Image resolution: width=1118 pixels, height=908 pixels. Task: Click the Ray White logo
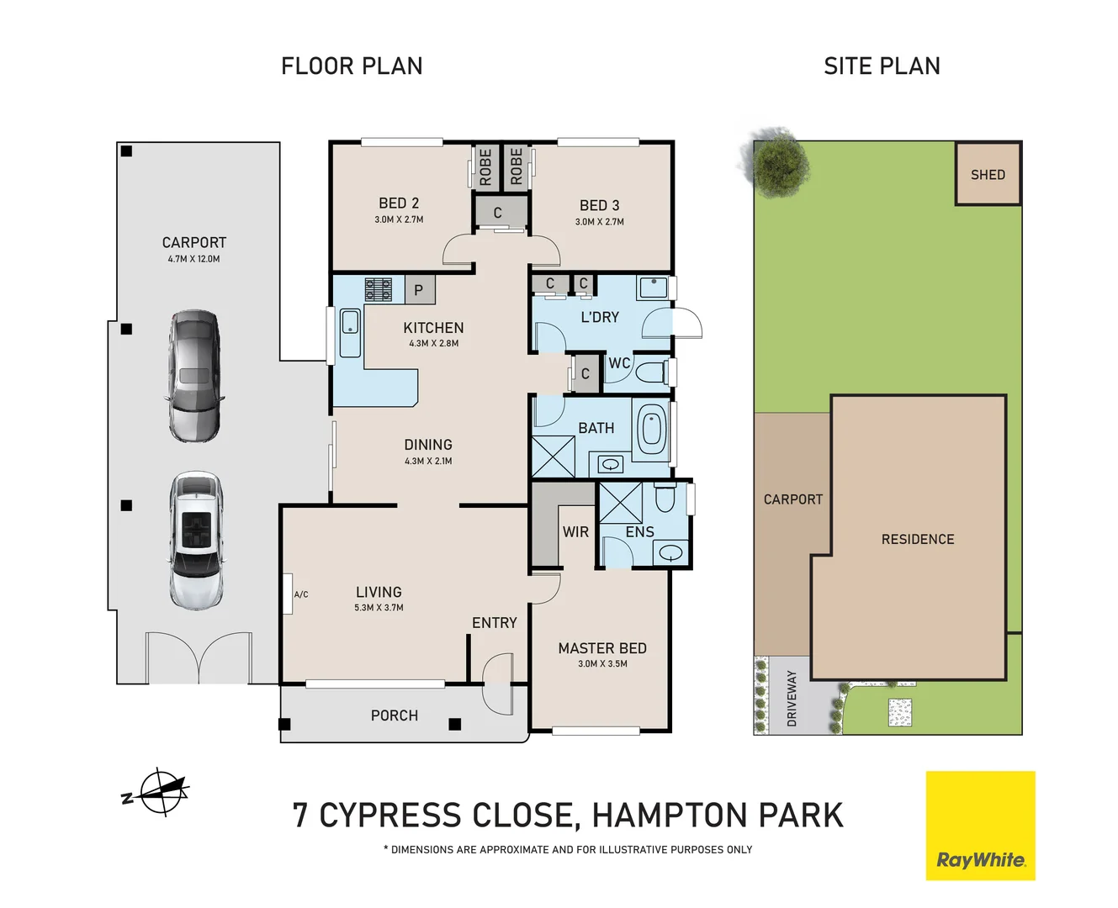pyautogui.click(x=980, y=826)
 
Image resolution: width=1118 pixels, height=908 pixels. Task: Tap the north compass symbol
pyautogui.click(x=158, y=791)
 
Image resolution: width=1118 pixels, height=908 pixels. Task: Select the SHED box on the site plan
pyautogui.click(x=988, y=174)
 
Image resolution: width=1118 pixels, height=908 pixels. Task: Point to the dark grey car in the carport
pyautogui.click(x=195, y=376)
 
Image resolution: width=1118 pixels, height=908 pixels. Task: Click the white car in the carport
pyautogui.click(x=196, y=540)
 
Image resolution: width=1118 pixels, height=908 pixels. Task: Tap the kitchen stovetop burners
pyautogui.click(x=378, y=289)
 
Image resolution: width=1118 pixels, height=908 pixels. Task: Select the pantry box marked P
pyautogui.click(x=419, y=290)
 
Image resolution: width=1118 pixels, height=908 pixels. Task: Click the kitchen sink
pyautogui.click(x=349, y=323)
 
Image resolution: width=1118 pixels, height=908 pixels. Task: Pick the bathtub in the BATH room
pyautogui.click(x=651, y=428)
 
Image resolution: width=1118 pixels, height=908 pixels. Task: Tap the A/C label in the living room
pyautogui.click(x=300, y=594)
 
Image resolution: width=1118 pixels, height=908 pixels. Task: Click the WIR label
pyautogui.click(x=575, y=531)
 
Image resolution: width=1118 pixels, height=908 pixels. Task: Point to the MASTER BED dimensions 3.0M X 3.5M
pyautogui.click(x=602, y=663)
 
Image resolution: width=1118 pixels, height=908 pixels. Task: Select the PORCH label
pyautogui.click(x=394, y=715)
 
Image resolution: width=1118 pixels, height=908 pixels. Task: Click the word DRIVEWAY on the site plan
pyautogui.click(x=792, y=698)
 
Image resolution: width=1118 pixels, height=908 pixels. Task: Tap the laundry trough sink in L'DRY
pyautogui.click(x=652, y=288)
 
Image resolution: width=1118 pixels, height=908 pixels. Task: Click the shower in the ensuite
pyautogui.click(x=620, y=502)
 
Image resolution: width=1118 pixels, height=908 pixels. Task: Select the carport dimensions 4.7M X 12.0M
pyautogui.click(x=193, y=259)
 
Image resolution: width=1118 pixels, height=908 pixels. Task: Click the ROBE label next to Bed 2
pyautogui.click(x=485, y=166)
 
